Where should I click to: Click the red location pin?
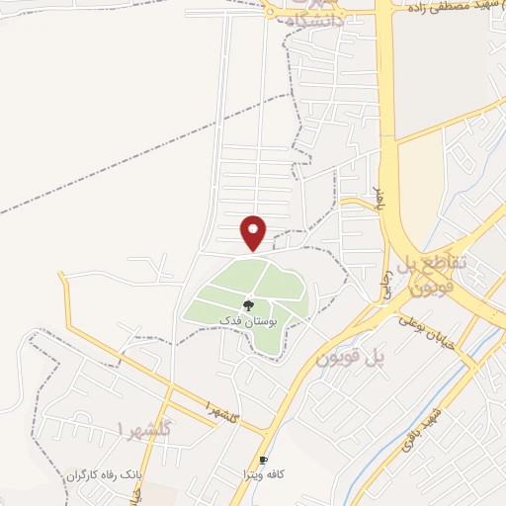pos(254,232)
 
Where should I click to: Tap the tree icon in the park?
pos(247,306)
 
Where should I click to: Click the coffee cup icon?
pos(263,461)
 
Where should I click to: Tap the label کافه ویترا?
pos(264,475)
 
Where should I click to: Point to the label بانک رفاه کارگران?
pos(106,477)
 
